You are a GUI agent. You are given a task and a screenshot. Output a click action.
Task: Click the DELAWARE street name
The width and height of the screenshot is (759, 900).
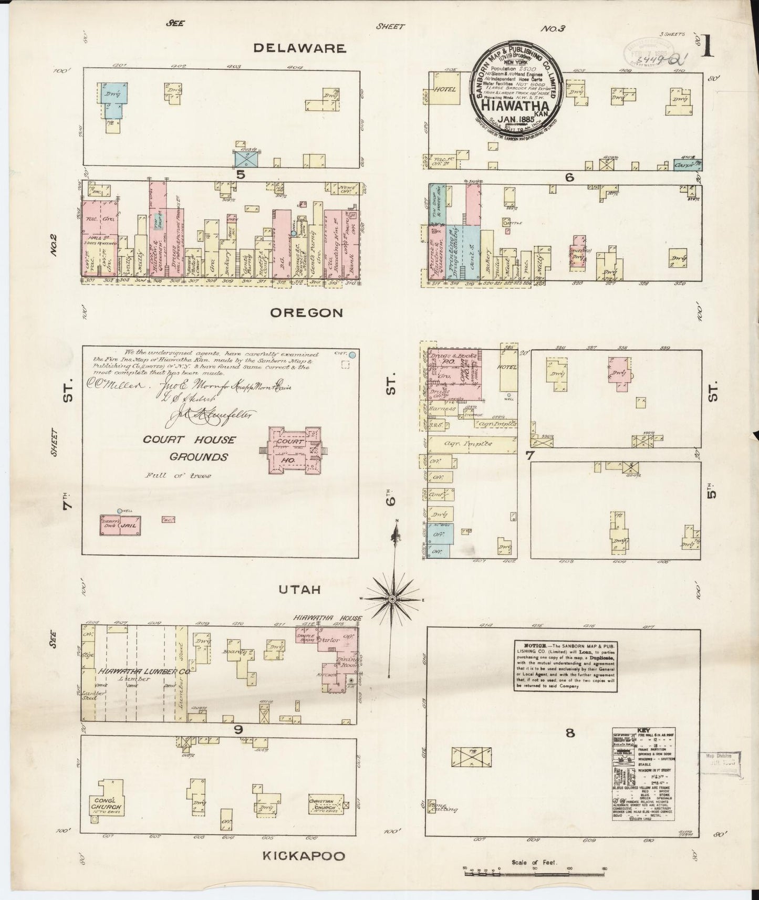pos(299,48)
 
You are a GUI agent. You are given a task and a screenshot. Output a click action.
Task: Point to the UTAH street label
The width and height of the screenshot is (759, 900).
pos(299,590)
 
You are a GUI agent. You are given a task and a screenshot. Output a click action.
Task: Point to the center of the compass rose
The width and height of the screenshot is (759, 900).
pos(392,599)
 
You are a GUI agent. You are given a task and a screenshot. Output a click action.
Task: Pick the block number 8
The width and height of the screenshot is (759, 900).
pos(570,734)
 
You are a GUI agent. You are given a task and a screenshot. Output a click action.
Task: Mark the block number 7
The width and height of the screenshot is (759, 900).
pos(530,456)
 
